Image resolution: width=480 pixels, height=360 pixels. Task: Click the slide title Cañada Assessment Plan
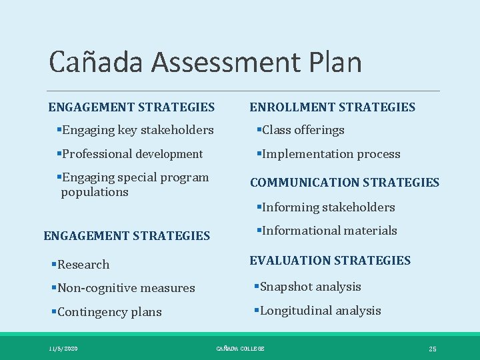pyautogui.click(x=205, y=63)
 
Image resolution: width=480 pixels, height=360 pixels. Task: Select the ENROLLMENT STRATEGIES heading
pyautogui.click(x=332, y=107)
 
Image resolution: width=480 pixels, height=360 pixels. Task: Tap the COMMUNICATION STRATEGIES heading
pyautogui.click(x=344, y=182)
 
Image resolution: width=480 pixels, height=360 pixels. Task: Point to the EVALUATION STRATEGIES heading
pyautogui.click(x=330, y=260)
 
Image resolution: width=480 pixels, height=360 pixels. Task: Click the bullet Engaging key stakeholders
pyautogui.click(x=135, y=130)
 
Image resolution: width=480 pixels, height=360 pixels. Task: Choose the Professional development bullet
pyautogui.click(x=130, y=154)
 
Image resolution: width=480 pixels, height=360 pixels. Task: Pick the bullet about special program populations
pyautogui.click(x=133, y=185)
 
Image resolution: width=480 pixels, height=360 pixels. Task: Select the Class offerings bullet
pyautogui.click(x=300, y=130)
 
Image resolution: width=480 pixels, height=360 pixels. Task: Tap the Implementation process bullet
pyautogui.click(x=328, y=154)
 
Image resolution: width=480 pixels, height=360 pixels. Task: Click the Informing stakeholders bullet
pyautogui.click(x=325, y=207)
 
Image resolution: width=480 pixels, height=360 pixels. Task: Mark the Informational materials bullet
pyautogui.click(x=327, y=231)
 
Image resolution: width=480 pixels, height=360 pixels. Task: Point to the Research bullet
pyautogui.click(x=81, y=265)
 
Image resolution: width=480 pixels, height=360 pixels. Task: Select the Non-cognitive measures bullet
pyautogui.click(x=123, y=288)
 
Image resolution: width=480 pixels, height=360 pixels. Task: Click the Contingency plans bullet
pyautogui.click(x=107, y=312)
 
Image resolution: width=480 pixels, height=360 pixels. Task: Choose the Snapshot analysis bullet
pyautogui.click(x=307, y=287)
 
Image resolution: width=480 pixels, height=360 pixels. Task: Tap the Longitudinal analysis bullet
pyautogui.click(x=317, y=311)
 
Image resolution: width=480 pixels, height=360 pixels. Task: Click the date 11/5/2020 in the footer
pyautogui.click(x=63, y=349)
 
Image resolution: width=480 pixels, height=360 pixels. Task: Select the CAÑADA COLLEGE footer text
pyautogui.click(x=240, y=349)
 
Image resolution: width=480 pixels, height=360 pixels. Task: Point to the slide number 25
pyautogui.click(x=432, y=349)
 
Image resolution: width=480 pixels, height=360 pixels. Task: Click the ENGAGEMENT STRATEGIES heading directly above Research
pyautogui.click(x=127, y=235)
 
